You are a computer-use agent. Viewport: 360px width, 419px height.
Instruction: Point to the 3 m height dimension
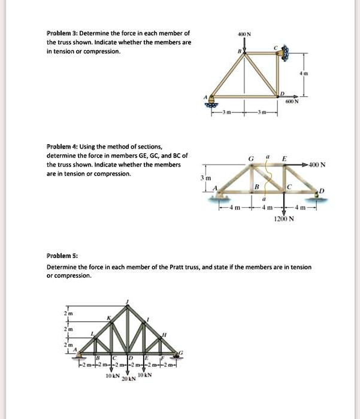pos(204,178)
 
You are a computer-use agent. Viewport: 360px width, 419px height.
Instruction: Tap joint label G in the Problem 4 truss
pos(250,157)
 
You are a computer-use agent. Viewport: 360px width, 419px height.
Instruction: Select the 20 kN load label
pos(128,379)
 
